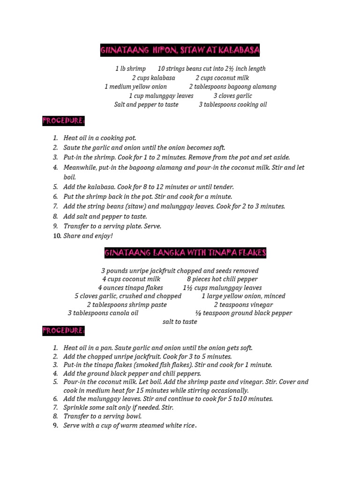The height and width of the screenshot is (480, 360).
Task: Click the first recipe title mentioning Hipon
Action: pyautogui.click(x=180, y=51)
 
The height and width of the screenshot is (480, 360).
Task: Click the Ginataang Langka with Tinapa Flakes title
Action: pyautogui.click(x=185, y=253)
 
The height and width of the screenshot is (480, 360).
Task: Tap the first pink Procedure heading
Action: pyautogui.click(x=64, y=121)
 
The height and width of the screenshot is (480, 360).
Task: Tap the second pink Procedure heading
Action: pyautogui.click(x=64, y=331)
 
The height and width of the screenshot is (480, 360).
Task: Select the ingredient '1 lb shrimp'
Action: pyautogui.click(x=130, y=69)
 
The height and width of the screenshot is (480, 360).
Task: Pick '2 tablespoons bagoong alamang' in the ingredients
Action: pyautogui.click(x=232, y=87)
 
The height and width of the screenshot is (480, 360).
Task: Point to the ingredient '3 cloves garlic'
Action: pyautogui.click(x=232, y=96)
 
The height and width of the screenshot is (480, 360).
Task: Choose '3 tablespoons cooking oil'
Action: pyautogui.click(x=232, y=105)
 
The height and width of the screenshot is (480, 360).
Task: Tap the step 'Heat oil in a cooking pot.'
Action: pyautogui.click(x=100, y=138)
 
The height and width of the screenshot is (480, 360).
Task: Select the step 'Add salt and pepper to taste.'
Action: pyautogui.click(x=105, y=217)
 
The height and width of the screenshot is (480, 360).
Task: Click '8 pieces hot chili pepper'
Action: pyautogui.click(x=222, y=279)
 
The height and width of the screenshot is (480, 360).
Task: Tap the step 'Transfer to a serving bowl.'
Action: pyautogui.click(x=103, y=416)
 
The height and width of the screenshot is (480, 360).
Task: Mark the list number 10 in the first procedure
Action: pyautogui.click(x=57, y=236)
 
